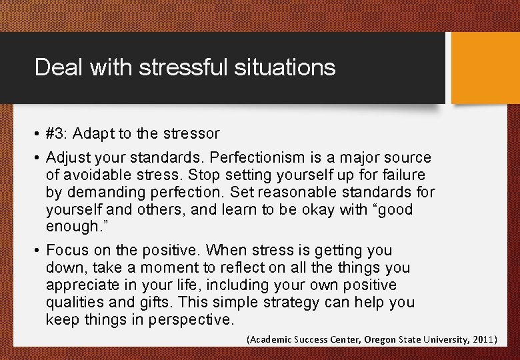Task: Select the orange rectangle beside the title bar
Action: click(x=485, y=69)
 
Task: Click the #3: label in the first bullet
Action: click(x=57, y=133)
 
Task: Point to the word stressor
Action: click(x=189, y=133)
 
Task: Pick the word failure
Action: click(x=399, y=175)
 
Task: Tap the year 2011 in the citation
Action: click(x=483, y=339)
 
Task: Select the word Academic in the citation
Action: click(x=271, y=339)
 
